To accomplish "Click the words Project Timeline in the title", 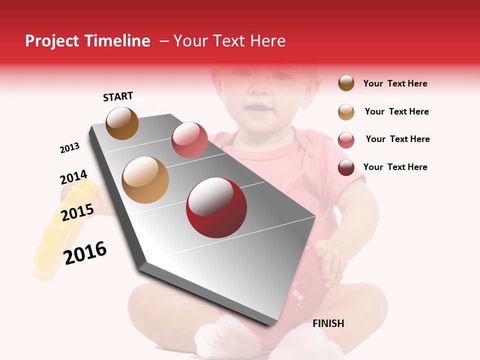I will point(87,41).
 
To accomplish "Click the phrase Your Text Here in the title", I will point(229,41).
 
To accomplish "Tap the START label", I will point(118,96).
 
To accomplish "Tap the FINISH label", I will point(328,323).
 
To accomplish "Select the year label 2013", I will point(69,148).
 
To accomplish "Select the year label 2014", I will point(73,177).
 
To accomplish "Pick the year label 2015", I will point(77,212).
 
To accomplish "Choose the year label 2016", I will point(85,253).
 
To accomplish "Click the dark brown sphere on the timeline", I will point(122,123).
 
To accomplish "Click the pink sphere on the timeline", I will point(189,139).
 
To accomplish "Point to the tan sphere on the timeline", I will point(145,180).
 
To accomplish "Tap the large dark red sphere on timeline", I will point(216,207).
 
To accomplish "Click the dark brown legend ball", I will point(346,83).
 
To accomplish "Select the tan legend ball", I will point(346,112).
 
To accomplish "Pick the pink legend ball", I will point(346,140).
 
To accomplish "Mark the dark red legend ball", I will point(346,167).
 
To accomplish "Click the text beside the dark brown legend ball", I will point(395,83).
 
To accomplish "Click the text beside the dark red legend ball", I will point(395,167).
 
